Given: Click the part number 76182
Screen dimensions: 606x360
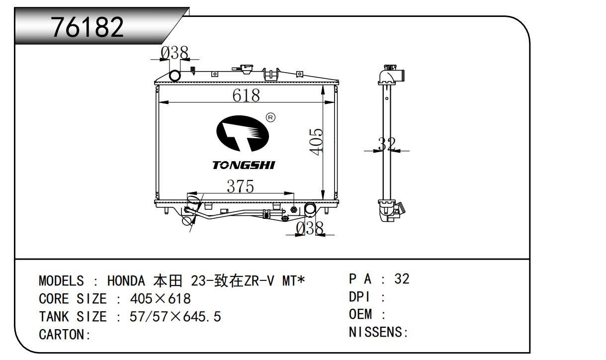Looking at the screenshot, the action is point(87,27).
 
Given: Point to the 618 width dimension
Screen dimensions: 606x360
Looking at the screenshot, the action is point(246,95).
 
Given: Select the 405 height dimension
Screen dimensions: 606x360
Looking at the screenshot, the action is point(316,142).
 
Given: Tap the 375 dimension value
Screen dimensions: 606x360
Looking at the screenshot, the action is point(240,186).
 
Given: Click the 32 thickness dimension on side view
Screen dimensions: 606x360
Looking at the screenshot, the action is point(387,144).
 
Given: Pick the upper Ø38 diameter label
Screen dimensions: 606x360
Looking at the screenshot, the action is point(174,53).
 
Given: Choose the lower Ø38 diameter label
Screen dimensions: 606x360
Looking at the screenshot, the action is point(310,228).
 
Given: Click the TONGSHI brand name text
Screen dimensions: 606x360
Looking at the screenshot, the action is point(244,165).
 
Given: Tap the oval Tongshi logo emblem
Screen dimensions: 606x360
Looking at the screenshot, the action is point(243,133).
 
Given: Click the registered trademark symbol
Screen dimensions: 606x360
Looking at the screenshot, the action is point(271,117).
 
